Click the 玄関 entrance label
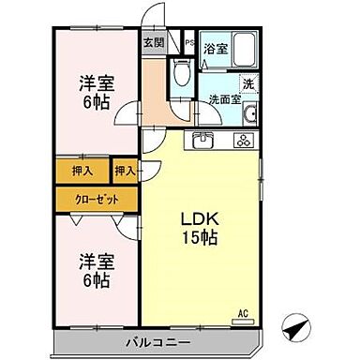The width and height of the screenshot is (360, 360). coord(152,41)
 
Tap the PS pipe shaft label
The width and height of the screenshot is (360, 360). coord(188,43)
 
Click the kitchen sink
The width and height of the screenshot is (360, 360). coord(205,142)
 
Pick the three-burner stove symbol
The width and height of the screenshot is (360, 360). coord(242,142)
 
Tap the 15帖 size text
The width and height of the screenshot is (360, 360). coord(201,238)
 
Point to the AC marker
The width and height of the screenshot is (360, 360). coord(242,312)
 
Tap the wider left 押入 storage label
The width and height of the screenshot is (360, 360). coord(82,172)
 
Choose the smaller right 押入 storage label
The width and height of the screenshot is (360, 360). coord(125,172)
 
